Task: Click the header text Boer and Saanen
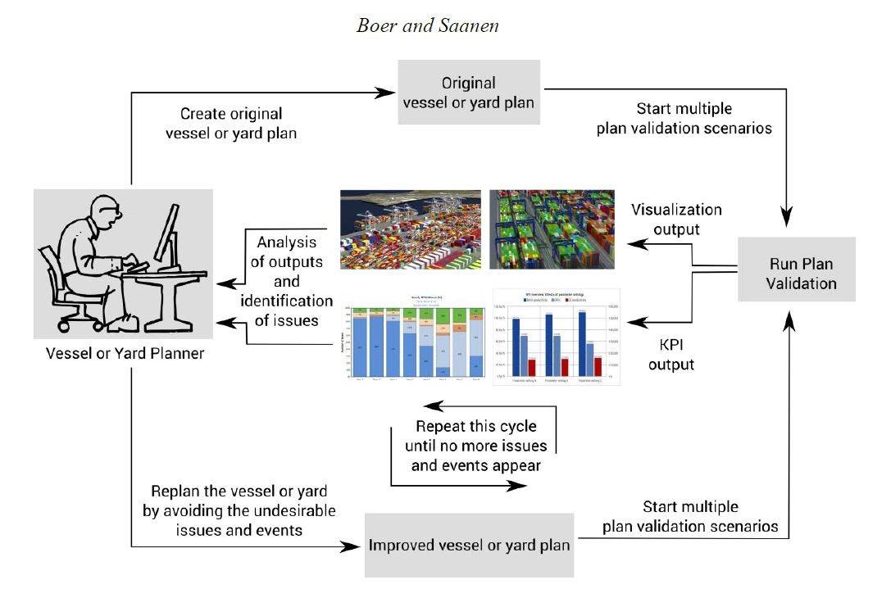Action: click(428, 25)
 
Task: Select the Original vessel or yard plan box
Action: click(469, 93)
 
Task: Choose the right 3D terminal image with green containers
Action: click(552, 230)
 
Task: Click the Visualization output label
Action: click(676, 219)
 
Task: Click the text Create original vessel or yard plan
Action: click(231, 123)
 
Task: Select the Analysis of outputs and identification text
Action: click(287, 281)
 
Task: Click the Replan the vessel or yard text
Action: click(239, 510)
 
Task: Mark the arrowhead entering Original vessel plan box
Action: click(389, 93)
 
